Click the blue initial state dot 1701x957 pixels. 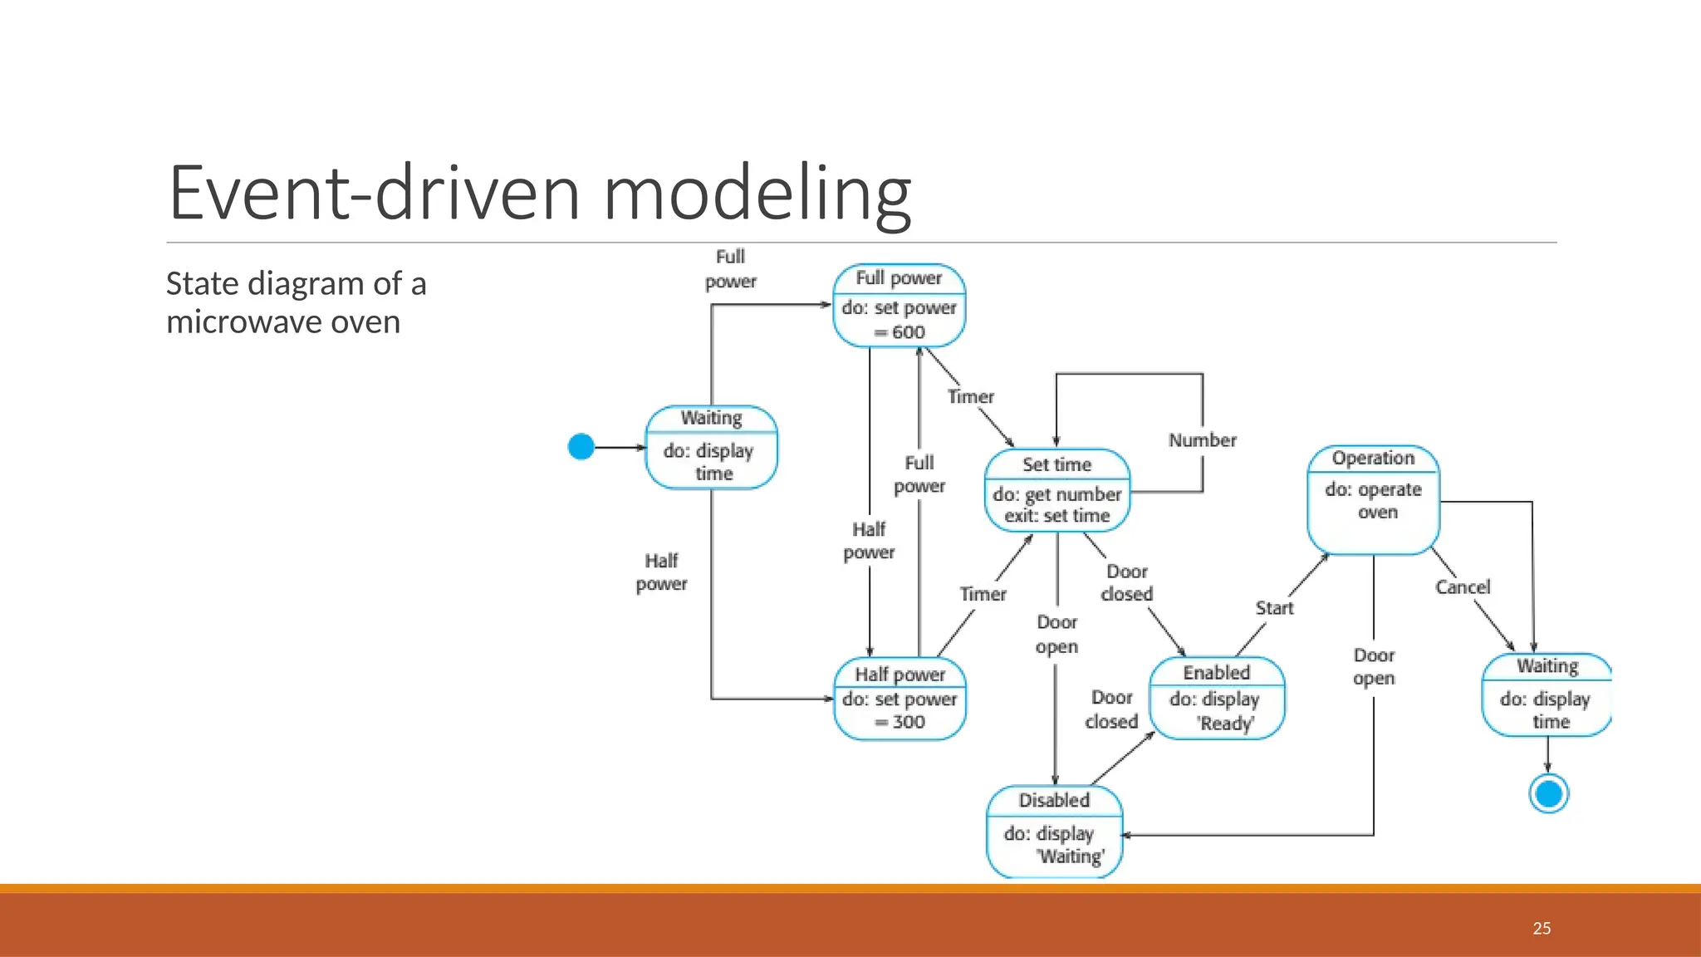581,447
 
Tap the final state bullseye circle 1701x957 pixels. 1548,793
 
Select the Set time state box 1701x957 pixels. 1057,490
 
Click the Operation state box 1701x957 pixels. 1373,499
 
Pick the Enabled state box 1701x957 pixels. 1217,698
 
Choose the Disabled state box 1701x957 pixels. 1054,831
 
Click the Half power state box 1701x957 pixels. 900,699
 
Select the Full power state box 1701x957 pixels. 899,305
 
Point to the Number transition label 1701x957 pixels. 1202,440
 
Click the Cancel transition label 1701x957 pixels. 1463,587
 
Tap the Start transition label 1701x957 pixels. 1274,608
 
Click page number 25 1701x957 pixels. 1542,929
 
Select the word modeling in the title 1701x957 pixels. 757,193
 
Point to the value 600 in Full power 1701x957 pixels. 908,332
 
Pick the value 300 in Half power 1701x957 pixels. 909,722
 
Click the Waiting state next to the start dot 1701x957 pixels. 712,447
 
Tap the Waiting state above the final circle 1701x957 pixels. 1547,694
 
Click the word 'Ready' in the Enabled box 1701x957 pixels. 1225,724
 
